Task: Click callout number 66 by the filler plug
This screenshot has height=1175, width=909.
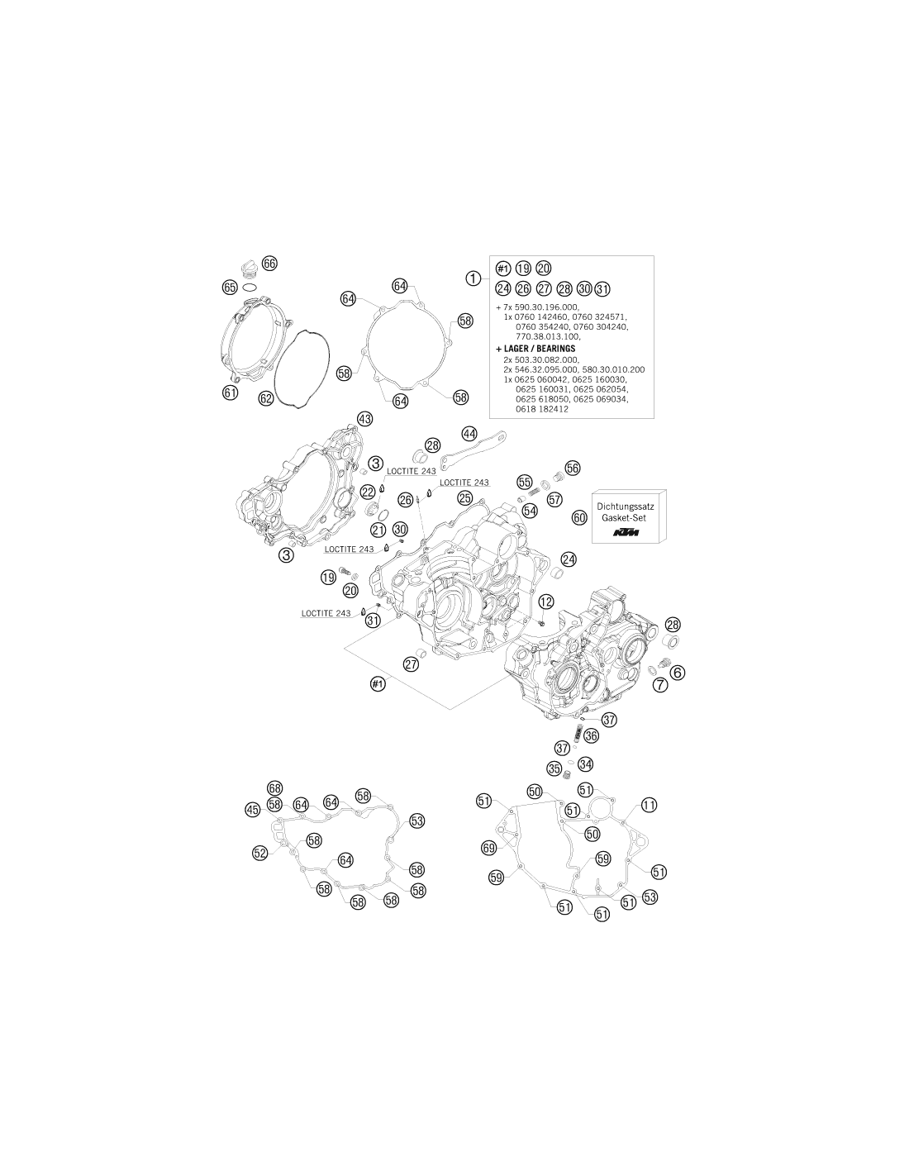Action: pos(269,264)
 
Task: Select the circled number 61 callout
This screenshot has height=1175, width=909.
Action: pos(230,392)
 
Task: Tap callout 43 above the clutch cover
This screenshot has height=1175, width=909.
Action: pos(364,419)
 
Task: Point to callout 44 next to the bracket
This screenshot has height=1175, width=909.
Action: pos(469,434)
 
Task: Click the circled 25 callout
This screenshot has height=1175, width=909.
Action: pos(464,497)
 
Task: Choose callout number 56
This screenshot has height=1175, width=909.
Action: pos(572,469)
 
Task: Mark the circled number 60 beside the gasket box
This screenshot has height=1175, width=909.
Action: pos(579,517)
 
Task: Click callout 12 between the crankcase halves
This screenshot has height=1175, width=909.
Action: pos(546,602)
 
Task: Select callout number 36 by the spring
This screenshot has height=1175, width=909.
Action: pos(591,735)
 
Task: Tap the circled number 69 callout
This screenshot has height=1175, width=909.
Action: pos(489,848)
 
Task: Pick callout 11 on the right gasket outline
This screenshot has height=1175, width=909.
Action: pos(649,821)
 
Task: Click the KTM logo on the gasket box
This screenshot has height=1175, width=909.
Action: pos(626,533)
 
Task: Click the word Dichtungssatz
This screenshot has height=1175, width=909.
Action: pos(625,507)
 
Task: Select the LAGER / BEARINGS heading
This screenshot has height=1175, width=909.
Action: pos(535,349)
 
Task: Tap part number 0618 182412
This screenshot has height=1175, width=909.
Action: pos(542,409)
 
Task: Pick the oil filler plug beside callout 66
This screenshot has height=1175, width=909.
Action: pos(250,269)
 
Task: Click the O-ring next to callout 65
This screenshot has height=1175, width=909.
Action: pos(250,286)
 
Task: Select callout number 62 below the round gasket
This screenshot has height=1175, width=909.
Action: pos(265,398)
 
